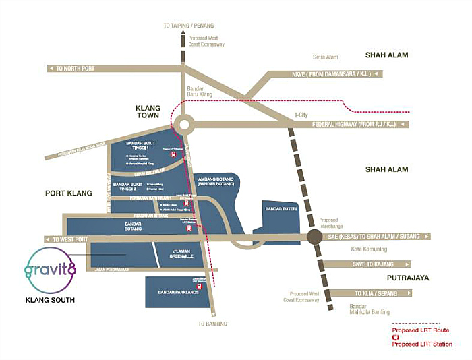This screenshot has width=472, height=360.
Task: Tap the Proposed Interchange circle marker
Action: (x=314, y=237)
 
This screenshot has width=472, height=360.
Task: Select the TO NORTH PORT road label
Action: (x=76, y=69)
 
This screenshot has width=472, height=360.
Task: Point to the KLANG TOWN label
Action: (x=148, y=112)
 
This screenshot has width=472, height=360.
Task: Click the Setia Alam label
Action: (x=326, y=57)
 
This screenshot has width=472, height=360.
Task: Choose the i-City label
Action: (x=301, y=115)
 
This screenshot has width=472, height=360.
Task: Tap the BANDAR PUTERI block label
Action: (x=282, y=209)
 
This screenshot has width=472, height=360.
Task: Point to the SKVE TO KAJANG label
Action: (x=382, y=264)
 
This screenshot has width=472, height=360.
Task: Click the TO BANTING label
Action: (x=212, y=324)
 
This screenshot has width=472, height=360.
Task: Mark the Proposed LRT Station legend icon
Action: (x=396, y=337)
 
